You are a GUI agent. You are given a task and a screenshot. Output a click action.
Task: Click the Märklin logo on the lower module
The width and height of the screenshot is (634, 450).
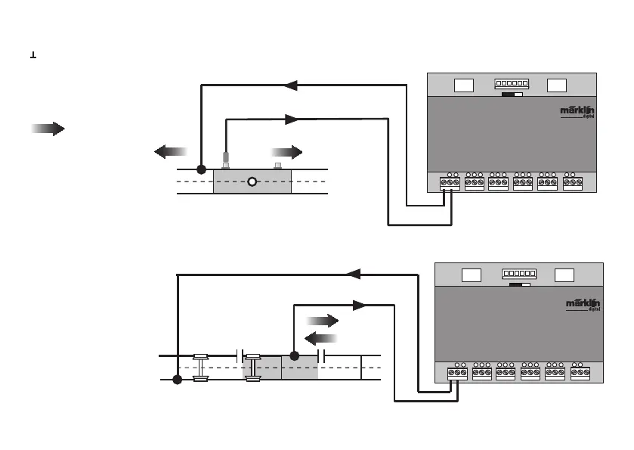pyautogui.click(x=583, y=303)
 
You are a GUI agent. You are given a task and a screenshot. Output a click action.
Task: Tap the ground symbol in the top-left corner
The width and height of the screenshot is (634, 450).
pyautogui.click(x=33, y=56)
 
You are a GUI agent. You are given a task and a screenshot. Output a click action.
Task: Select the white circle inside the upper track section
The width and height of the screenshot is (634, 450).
pyautogui.click(x=252, y=182)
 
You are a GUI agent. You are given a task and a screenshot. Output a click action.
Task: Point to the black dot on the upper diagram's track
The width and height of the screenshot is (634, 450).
pyautogui.click(x=201, y=169)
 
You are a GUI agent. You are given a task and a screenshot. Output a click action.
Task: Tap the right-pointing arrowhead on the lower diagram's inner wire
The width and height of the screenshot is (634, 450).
pyautogui.click(x=360, y=306)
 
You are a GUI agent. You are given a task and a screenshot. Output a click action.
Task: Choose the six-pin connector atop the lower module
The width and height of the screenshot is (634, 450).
pyautogui.click(x=519, y=274)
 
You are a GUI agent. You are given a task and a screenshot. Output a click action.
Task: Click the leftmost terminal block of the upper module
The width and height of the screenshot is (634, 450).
pyautogui.click(x=450, y=182)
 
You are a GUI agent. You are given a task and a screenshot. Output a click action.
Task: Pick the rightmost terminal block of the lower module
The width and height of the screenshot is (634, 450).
pyautogui.click(x=580, y=372)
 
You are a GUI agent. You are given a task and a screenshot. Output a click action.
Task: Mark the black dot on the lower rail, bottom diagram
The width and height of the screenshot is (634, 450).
pyautogui.click(x=177, y=380)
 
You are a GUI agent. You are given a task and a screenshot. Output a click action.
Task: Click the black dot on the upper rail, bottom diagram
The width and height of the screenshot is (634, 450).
pyautogui.click(x=295, y=355)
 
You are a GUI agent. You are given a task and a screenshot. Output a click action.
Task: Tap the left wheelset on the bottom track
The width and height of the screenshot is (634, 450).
pyautogui.click(x=200, y=367)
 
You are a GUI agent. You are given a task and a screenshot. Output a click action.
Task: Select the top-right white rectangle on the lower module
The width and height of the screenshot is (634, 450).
pyautogui.click(x=563, y=275)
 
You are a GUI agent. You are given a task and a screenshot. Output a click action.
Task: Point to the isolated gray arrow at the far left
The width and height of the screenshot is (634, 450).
pyautogui.click(x=47, y=129)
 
